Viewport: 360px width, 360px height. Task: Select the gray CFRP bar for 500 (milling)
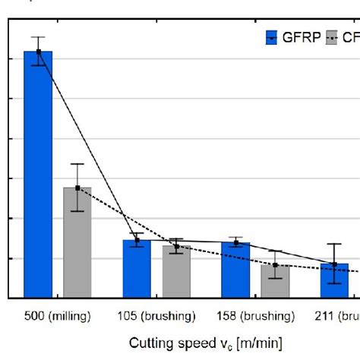pos(77,243)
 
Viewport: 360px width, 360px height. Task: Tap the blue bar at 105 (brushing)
pos(137,270)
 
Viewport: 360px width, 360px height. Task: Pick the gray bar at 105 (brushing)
pos(176,272)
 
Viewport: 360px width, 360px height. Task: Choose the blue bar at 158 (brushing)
pos(235,270)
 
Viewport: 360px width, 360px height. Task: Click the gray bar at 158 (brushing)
pos(275,282)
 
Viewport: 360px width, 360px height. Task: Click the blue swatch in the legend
pos(272,38)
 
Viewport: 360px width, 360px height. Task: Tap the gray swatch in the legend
pos(331,38)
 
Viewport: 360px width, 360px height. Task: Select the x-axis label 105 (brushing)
pos(156,317)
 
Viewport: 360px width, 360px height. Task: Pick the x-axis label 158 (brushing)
pos(255,317)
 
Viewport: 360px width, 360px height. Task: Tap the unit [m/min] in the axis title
pos(257,343)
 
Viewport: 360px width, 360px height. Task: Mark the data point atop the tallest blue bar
pos(38,52)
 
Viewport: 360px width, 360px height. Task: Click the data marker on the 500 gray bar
pos(77,188)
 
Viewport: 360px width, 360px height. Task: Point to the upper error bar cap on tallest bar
pos(38,36)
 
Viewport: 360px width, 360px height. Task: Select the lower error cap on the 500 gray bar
pos(77,210)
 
